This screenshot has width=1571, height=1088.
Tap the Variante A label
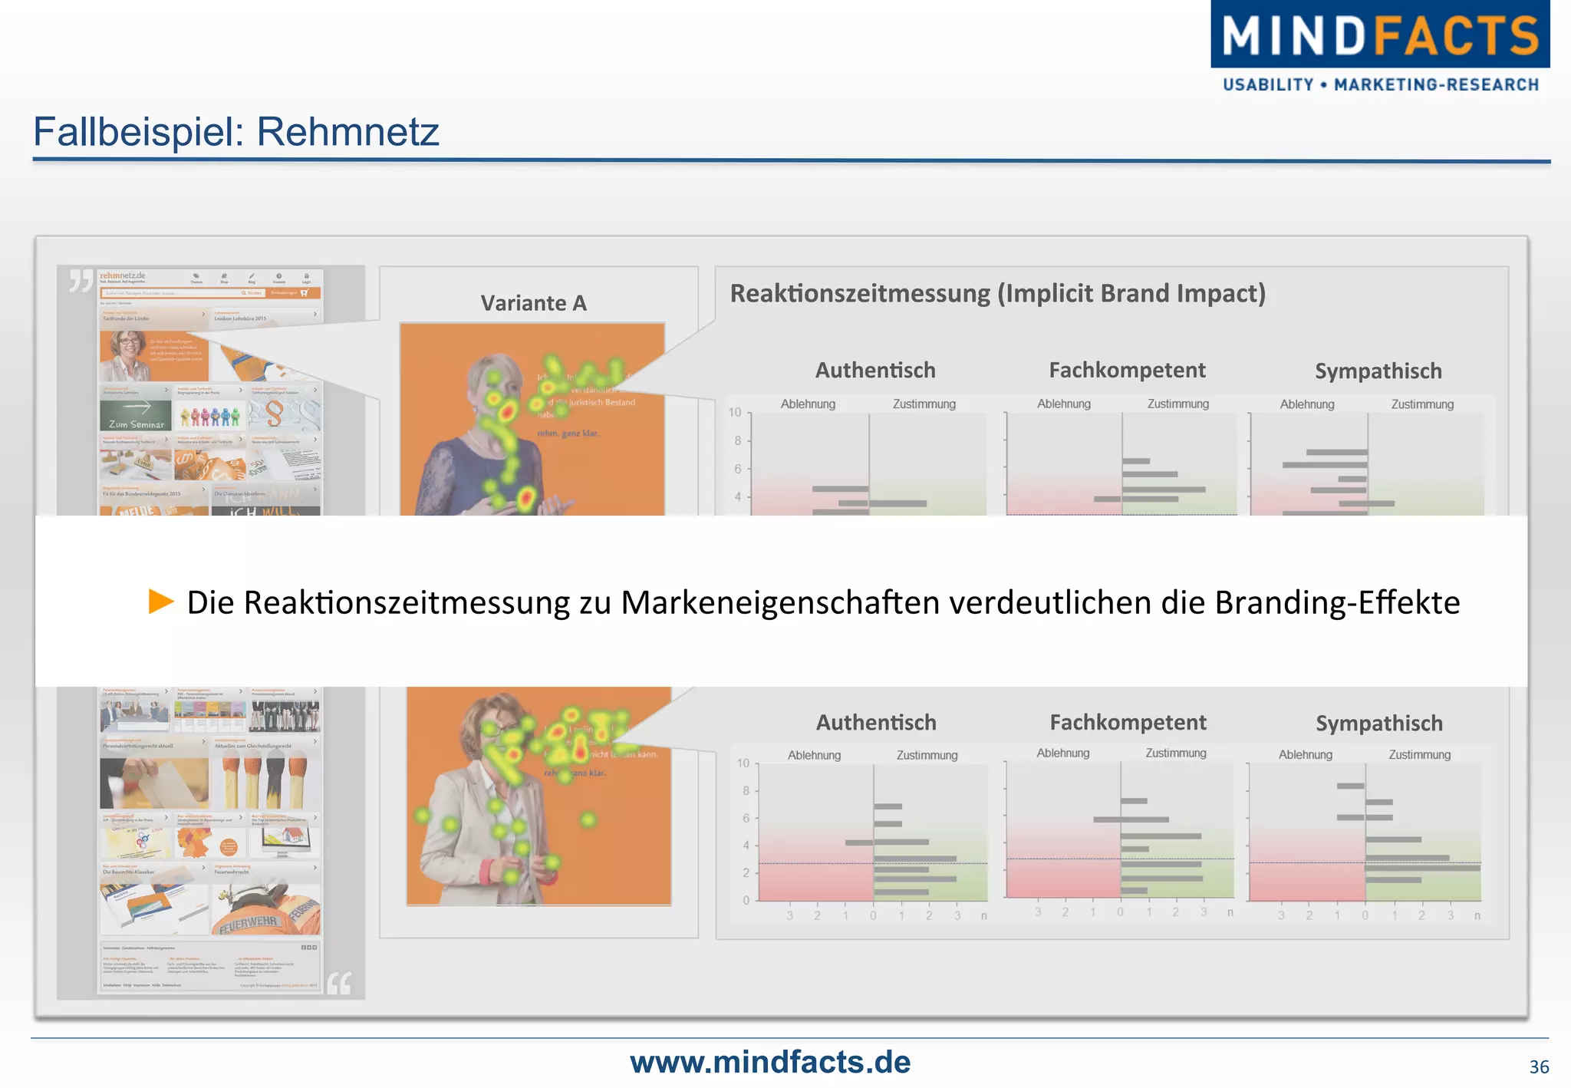[534, 303]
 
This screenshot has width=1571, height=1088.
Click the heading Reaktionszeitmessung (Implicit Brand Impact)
[997, 293]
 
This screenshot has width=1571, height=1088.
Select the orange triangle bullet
[161, 602]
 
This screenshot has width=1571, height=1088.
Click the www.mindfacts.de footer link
[769, 1062]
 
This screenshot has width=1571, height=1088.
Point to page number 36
[1538, 1067]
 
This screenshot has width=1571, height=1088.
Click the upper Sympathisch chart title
[1378, 371]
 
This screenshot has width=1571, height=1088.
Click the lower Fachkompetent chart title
[1128, 722]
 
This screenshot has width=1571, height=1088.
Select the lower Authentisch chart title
[876, 722]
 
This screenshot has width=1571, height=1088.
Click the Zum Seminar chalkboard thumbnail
[136, 415]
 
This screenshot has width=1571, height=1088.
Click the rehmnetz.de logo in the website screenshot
[122, 275]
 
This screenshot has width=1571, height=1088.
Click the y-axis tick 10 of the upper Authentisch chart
[735, 413]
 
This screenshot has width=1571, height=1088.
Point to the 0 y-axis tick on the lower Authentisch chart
[746, 901]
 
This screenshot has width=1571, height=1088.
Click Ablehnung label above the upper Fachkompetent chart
[1063, 404]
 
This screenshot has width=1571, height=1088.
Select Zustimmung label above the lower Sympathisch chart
[1419, 755]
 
